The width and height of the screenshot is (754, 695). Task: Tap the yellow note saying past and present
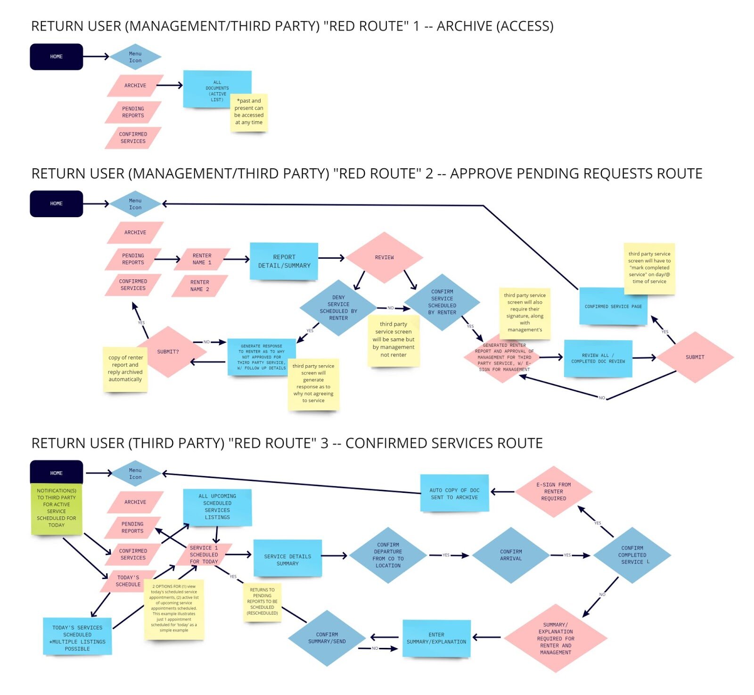pyautogui.click(x=249, y=113)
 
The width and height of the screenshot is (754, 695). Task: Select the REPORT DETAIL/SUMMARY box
pyautogui.click(x=284, y=262)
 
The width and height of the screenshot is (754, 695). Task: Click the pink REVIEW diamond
pyautogui.click(x=384, y=257)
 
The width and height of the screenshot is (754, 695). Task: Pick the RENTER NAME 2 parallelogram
pyautogui.click(x=200, y=286)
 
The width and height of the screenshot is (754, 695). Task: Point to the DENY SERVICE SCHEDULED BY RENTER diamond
pyautogui.click(x=338, y=308)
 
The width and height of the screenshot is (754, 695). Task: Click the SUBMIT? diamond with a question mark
pyautogui.click(x=168, y=352)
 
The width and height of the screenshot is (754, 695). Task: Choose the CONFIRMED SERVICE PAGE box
pyautogui.click(x=613, y=306)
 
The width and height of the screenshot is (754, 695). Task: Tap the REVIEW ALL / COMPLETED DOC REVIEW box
pyautogui.click(x=598, y=358)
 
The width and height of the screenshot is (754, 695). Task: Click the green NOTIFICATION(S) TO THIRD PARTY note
pyautogui.click(x=56, y=508)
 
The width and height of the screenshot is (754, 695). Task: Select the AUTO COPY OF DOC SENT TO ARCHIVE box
pyautogui.click(x=454, y=493)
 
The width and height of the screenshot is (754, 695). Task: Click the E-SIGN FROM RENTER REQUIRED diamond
pyautogui.click(x=553, y=491)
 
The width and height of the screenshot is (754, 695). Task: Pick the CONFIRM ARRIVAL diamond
pyautogui.click(x=511, y=555)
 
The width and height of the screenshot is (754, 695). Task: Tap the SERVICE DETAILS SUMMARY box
pyautogui.click(x=287, y=559)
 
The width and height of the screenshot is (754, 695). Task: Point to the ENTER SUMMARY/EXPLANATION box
pyautogui.click(x=436, y=638)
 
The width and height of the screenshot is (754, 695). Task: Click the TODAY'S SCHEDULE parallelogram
pyautogui.click(x=128, y=581)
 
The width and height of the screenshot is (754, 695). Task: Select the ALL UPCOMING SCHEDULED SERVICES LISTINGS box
pyautogui.click(x=217, y=507)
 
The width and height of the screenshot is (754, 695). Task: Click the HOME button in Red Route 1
pyautogui.click(x=57, y=57)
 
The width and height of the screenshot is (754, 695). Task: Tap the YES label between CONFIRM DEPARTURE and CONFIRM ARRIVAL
pyautogui.click(x=446, y=555)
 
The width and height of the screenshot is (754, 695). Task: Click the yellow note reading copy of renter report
pyautogui.click(x=125, y=369)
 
